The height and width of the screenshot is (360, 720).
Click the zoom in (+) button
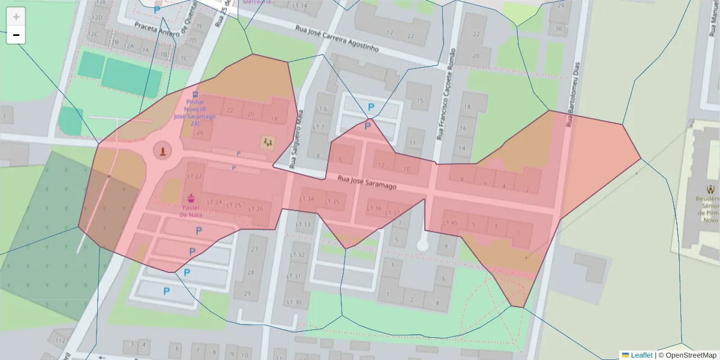click(x=16, y=17)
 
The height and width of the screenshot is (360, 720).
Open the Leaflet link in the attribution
click(x=641, y=355)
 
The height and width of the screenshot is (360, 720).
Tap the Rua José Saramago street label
click(x=367, y=182)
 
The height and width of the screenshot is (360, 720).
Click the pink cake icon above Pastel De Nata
click(x=191, y=198)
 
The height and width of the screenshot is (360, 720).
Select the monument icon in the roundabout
click(x=161, y=150)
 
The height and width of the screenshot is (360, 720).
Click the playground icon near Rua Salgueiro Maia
click(x=268, y=142)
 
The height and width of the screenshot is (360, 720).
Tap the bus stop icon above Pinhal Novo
click(x=196, y=94)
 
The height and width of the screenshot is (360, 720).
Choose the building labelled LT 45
click(x=450, y=223)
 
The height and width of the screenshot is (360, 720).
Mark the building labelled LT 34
click(x=307, y=199)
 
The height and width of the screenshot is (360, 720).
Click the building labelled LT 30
click(x=294, y=302)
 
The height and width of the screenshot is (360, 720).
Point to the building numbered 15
click(x=420, y=101)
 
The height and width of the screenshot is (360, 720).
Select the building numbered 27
click(x=254, y=249)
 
